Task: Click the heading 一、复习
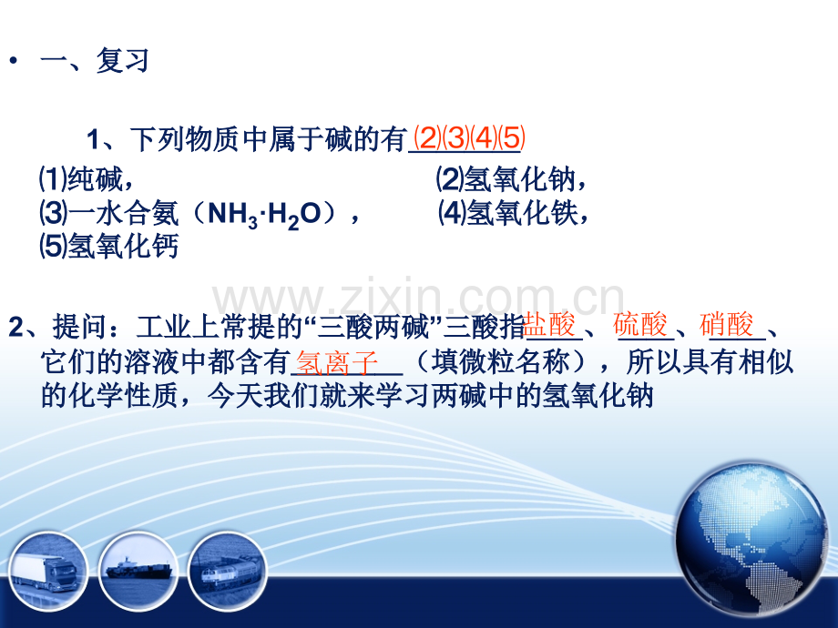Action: tap(94, 60)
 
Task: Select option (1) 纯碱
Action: tap(86, 179)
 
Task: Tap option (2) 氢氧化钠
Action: tap(511, 179)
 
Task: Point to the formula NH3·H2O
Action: tap(264, 215)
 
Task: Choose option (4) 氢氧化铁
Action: tap(513, 213)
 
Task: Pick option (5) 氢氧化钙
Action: tap(109, 246)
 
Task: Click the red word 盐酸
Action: tap(549, 324)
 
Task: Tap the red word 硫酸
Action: tap(640, 324)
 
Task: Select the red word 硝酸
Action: tap(726, 324)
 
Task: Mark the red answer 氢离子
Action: tap(337, 363)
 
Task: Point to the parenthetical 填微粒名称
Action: tap(500, 362)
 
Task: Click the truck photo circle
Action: tap(47, 572)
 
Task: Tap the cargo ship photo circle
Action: tap(138, 571)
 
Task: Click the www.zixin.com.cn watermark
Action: tap(418, 297)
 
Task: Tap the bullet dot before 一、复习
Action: tap(13, 60)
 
